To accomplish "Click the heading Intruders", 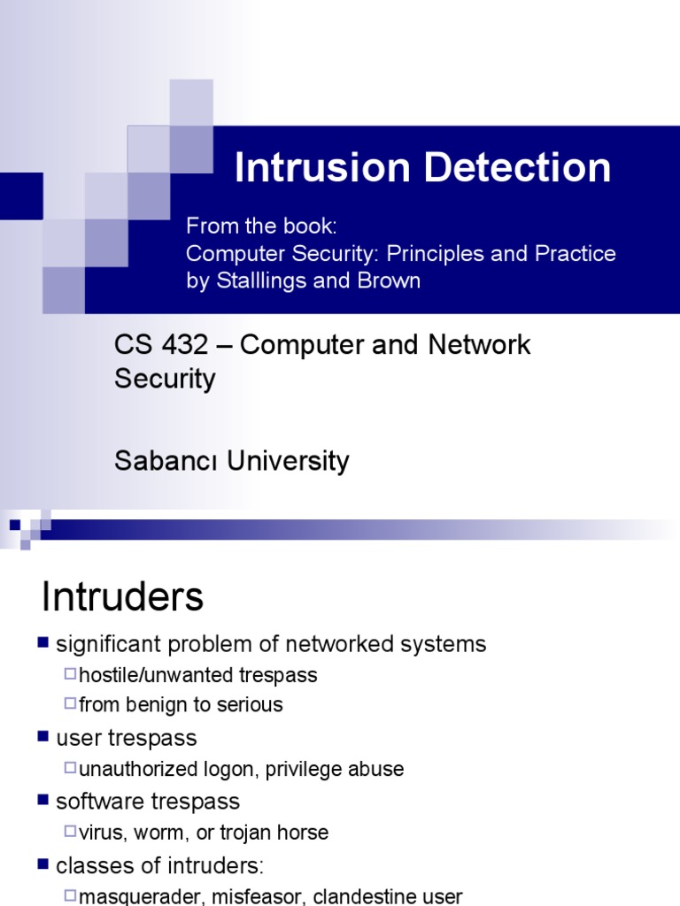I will (x=122, y=597).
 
